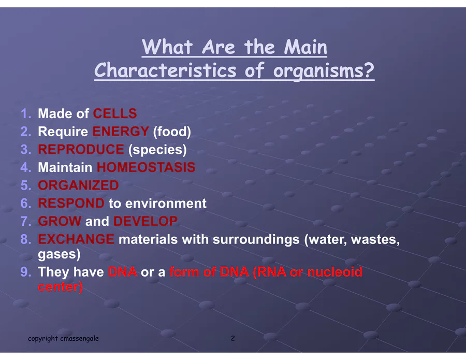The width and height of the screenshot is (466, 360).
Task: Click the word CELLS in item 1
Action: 115,113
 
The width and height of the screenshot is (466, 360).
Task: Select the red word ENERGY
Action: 121,132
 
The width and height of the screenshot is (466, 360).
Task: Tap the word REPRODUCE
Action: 81,149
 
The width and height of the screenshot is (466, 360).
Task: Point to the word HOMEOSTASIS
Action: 146,167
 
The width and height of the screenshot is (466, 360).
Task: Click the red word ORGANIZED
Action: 79,185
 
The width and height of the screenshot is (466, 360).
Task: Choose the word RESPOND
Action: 71,204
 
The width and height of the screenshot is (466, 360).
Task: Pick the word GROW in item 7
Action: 60,221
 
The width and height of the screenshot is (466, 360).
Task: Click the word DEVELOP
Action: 145,221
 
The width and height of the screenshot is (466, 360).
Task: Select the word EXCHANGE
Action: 76,239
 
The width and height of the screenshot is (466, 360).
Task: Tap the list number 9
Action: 26,272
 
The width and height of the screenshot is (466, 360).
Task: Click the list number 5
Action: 26,185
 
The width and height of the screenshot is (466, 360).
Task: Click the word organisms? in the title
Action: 324,71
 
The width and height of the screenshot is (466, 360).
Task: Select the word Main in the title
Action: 305,47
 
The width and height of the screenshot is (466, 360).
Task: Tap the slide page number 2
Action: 233,338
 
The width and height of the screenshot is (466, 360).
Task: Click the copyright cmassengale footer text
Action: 63,338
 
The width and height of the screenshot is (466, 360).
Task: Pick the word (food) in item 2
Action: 172,132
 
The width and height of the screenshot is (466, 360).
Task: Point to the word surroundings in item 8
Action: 256,240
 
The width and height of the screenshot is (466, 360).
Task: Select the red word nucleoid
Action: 334,272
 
